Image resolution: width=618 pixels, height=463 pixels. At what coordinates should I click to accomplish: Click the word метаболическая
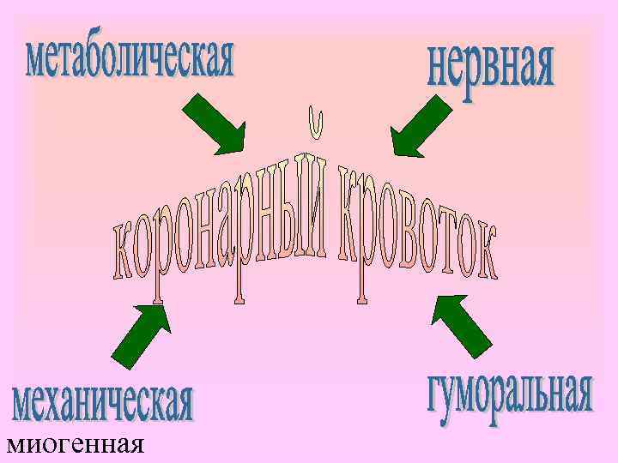130,58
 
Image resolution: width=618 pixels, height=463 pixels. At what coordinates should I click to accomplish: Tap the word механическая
102,403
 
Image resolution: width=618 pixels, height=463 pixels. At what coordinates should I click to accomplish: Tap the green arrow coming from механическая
141,335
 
